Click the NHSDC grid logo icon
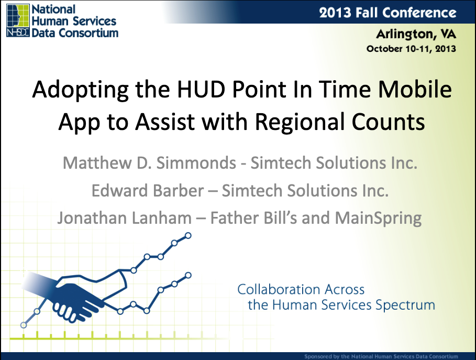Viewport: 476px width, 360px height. (18, 20)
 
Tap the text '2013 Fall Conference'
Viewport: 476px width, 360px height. (388, 13)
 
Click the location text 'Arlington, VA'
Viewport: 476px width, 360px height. (416, 34)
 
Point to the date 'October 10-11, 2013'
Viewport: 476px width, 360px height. (411, 49)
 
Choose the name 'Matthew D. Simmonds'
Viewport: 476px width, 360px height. (149, 163)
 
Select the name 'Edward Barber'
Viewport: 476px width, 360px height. (148, 191)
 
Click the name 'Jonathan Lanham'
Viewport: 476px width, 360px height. (125, 218)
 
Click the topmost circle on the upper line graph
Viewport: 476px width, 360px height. (188, 235)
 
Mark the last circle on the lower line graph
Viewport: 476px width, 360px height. (188, 275)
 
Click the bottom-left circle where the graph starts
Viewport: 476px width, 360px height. (24, 325)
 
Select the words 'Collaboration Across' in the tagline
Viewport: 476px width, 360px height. (301, 289)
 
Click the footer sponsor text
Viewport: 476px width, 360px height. (381, 356)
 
